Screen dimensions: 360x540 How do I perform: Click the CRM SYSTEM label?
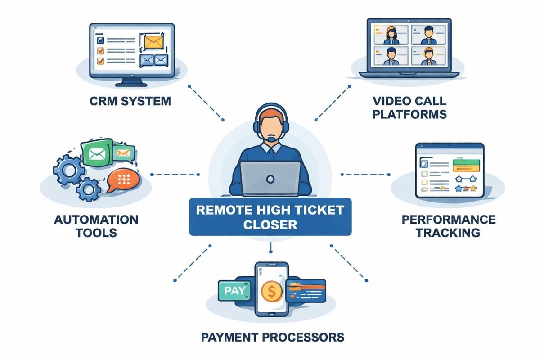pos(130,100)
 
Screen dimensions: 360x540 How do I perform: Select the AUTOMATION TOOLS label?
pos(96,226)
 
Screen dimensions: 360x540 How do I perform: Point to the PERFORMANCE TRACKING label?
pos(448,226)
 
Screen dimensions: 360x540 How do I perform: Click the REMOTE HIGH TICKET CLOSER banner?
pos(270,216)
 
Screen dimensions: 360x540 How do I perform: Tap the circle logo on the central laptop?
pos(270,179)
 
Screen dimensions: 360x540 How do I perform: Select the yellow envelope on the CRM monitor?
pos(152,42)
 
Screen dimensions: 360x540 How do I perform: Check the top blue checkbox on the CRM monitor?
pos(101,40)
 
